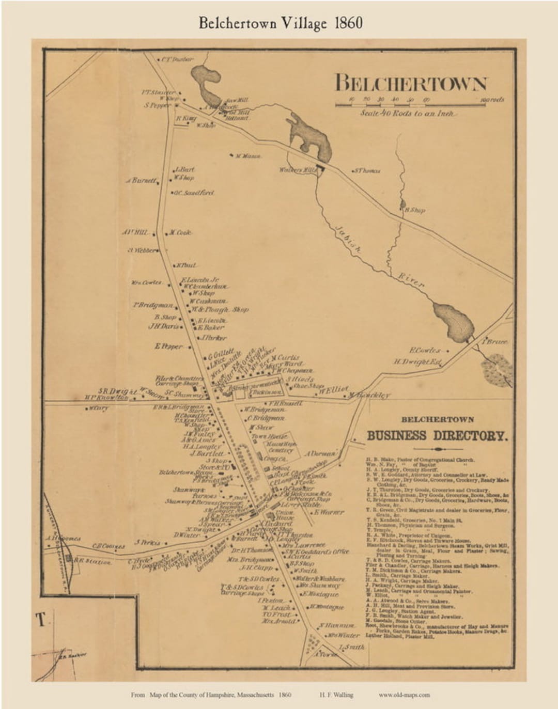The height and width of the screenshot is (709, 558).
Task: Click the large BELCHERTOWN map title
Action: pos(411,84)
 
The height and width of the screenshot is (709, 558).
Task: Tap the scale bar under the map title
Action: pos(411,104)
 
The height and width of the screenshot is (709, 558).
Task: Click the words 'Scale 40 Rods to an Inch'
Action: pos(408,113)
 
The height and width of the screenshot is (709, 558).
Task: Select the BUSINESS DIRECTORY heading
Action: pos(437,435)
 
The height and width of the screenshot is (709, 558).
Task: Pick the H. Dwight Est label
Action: pos(417,362)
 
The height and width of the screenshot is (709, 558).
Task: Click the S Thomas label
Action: pos(367,170)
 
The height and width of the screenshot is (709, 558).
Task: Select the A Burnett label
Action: pos(143,181)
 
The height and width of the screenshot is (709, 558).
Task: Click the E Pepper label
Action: pos(168,346)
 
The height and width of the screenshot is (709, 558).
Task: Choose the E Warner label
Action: pos(329,512)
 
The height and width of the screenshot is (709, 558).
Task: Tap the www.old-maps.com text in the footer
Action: pos(404,695)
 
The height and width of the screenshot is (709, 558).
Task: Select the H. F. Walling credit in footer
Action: pos(336,695)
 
